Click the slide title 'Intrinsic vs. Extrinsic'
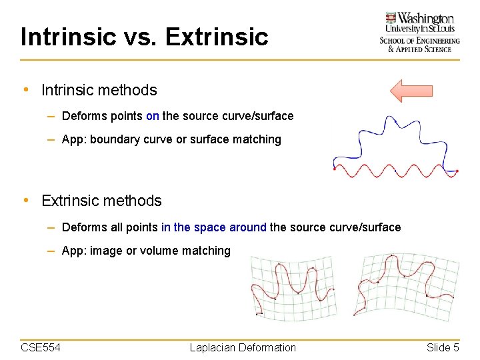144,37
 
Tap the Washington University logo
419,32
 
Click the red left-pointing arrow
411,91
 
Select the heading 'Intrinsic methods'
99,90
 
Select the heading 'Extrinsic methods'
101,201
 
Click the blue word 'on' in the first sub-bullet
152,116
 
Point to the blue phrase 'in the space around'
213,227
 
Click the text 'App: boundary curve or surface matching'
171,139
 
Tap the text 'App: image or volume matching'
146,251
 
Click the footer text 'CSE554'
41,347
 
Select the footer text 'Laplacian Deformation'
243,347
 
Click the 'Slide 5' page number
443,347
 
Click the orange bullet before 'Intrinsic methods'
25,90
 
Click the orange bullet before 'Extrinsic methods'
25,201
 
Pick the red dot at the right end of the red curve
457,171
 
